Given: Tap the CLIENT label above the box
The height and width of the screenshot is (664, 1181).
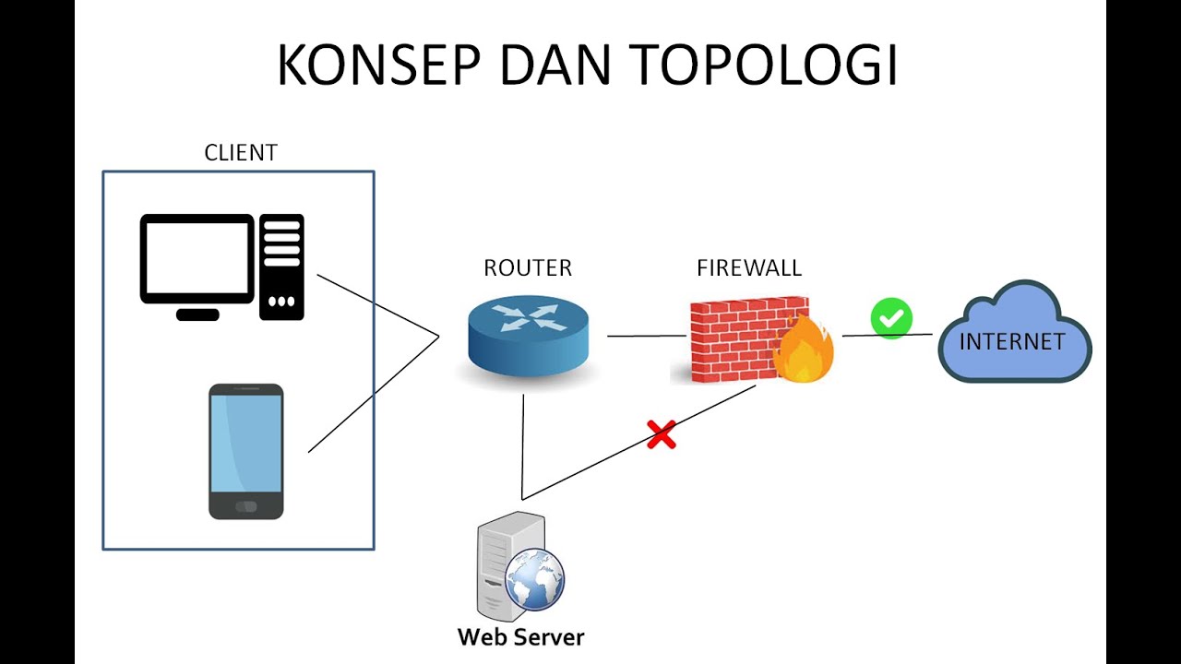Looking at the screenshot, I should point(240,153).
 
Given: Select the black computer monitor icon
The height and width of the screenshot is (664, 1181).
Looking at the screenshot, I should point(197,259).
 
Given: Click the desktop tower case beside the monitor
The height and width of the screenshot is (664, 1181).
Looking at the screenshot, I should point(281,267).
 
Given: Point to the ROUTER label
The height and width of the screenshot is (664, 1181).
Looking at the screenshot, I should point(528,268).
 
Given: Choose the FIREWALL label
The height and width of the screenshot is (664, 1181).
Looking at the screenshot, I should point(749,268).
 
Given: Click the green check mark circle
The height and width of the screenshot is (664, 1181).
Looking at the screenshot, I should point(891,318).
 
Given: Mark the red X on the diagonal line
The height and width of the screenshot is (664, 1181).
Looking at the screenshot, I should point(661,434).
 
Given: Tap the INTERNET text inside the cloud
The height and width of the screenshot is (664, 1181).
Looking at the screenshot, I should point(1012,342).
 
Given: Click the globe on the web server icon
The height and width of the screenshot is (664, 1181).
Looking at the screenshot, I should point(535,578).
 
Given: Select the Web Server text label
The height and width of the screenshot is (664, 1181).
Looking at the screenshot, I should point(520,637).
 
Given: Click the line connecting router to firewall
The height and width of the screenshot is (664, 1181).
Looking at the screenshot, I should point(646,336).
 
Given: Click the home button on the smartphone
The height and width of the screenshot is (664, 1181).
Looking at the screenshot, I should point(245,506).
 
